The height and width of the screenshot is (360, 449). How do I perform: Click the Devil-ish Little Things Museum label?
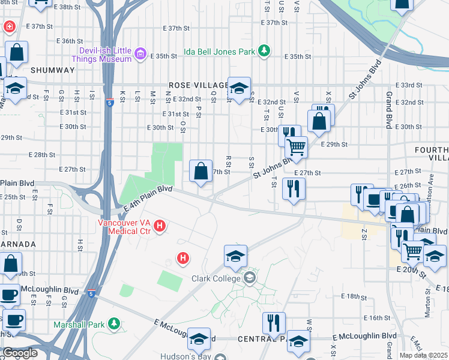pos(101,55)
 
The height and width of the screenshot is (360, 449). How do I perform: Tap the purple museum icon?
pos(141,55)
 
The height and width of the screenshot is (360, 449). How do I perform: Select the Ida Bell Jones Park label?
pos(219,52)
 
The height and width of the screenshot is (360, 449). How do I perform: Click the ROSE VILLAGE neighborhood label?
pos(199,86)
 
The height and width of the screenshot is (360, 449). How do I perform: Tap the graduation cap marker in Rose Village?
pos(239,89)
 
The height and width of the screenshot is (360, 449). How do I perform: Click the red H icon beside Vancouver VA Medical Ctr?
pos(160,226)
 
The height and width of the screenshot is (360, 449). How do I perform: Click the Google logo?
pos(20,353)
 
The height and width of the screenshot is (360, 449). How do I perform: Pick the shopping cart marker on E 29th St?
pos(295,146)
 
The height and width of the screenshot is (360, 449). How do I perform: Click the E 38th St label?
pos(66,7)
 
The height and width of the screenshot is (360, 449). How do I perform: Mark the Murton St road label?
pos(427,301)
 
